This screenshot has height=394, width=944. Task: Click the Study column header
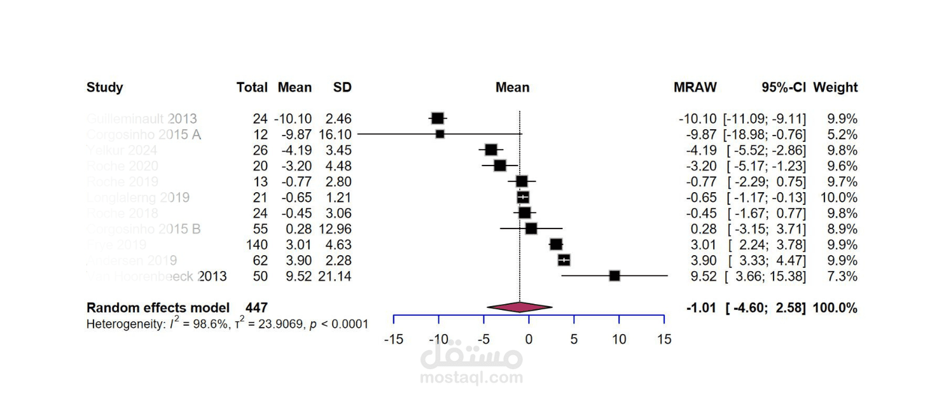[x=105, y=88]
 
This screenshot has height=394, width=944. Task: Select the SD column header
[x=342, y=88]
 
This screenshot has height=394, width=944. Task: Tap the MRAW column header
[x=695, y=88]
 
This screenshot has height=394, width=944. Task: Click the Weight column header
[x=835, y=88]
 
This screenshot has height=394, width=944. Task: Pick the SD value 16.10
[x=335, y=134]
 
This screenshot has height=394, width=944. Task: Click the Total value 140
[x=258, y=245]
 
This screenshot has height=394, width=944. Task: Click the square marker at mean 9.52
[x=614, y=276]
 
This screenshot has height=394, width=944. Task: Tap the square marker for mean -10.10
[x=437, y=118]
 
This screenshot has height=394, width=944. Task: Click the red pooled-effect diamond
[x=519, y=307]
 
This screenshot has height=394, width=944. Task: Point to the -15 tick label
[x=394, y=340]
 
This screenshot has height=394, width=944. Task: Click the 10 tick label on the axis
[x=619, y=340]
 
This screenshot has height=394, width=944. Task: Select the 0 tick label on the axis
[x=529, y=340]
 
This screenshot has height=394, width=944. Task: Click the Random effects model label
[x=158, y=308]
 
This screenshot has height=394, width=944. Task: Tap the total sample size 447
[x=256, y=308]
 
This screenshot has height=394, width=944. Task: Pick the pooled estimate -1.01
[x=702, y=308]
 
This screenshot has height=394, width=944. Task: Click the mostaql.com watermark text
[x=471, y=377]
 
